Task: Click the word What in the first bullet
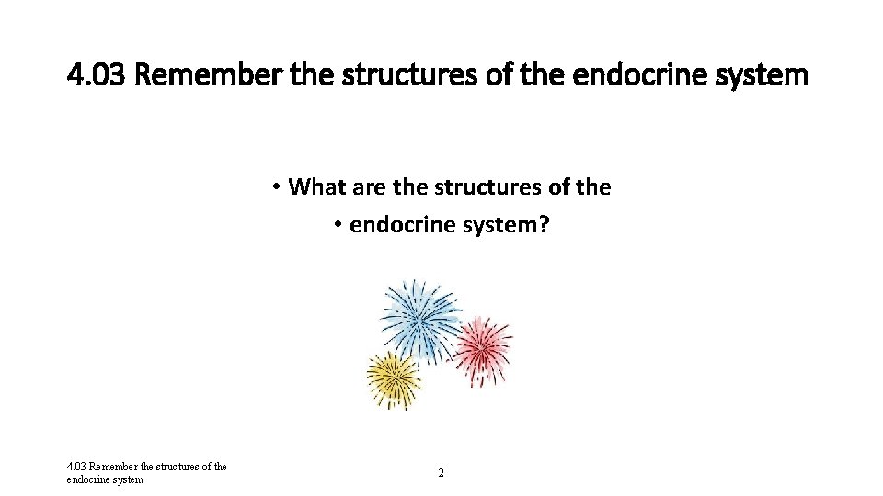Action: [315, 187]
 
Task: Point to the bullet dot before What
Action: [276, 188]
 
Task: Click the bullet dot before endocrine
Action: [338, 226]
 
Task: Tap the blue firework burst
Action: [420, 319]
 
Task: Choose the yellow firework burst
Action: [395, 378]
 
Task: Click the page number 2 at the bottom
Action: [441, 472]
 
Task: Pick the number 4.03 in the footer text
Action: [76, 467]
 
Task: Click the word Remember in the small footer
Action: [115, 467]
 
